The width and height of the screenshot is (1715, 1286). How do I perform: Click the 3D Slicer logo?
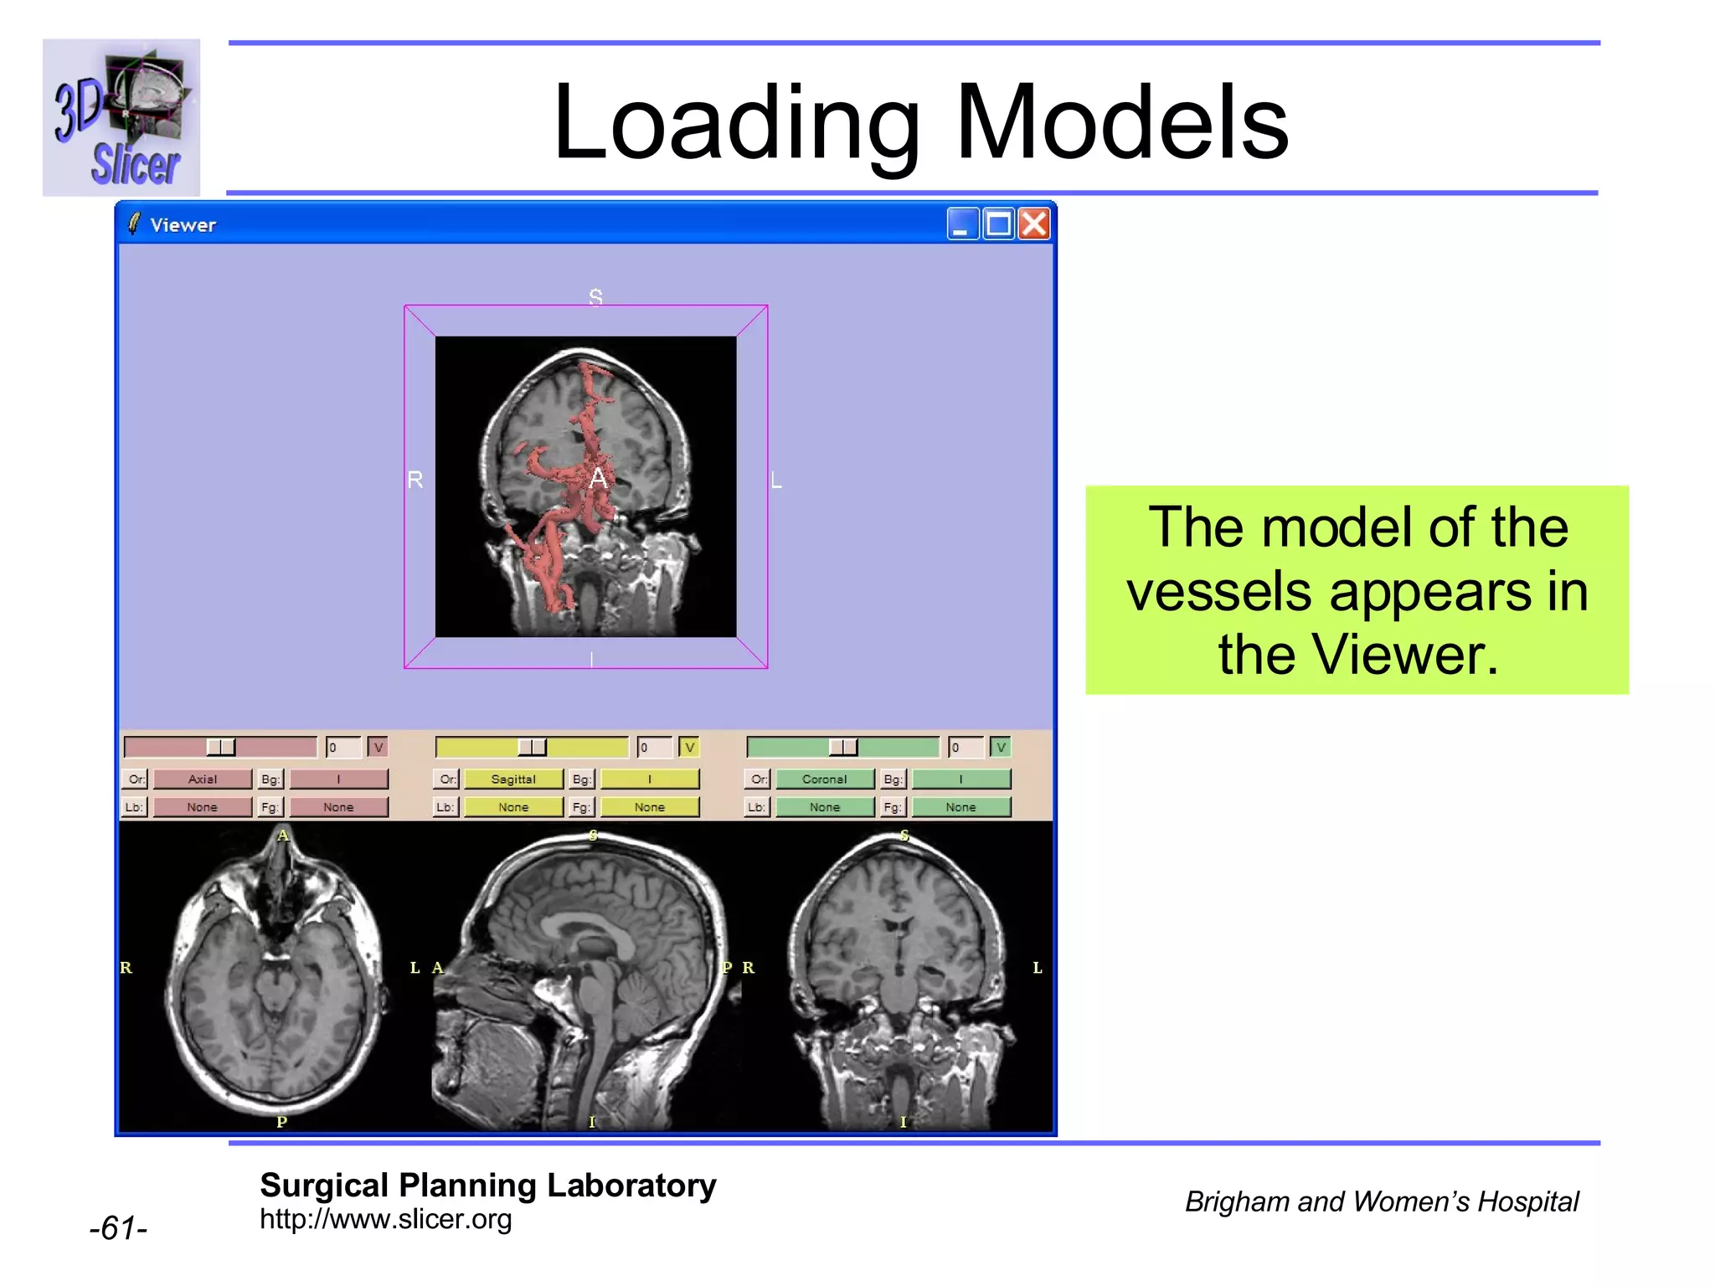pos(121,117)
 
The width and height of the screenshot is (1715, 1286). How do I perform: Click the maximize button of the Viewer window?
pos(998,224)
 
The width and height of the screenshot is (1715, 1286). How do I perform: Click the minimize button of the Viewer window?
pos(962,224)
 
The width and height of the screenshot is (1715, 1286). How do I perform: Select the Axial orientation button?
pos(202,779)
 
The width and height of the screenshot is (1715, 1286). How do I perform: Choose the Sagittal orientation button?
pos(512,779)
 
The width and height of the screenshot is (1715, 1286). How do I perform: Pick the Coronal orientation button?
pos(824,779)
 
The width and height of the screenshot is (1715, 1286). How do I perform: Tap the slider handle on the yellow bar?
pos(532,747)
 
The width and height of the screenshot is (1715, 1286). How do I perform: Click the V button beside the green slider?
pos(1000,747)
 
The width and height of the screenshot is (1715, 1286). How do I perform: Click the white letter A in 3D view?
pos(598,479)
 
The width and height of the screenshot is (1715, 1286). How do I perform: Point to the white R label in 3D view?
pos(415,480)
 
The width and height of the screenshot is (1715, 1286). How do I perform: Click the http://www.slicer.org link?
pos(385,1219)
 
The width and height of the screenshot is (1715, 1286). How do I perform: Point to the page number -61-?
pos(118,1228)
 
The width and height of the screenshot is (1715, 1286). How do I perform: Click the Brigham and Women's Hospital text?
pos(1381,1201)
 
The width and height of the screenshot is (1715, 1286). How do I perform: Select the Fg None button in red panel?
pos(338,807)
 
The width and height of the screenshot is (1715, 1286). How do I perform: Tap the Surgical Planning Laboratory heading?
pos(487,1186)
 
